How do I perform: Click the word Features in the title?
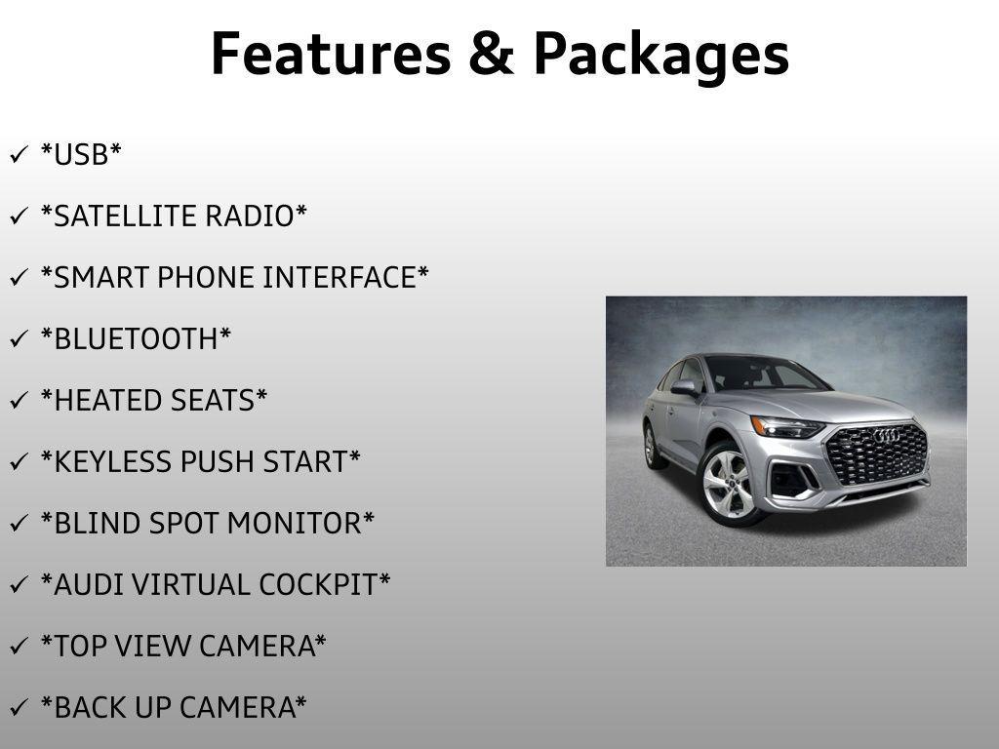(330, 54)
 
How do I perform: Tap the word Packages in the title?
(660, 56)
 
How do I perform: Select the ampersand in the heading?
(491, 54)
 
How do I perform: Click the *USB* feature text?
(81, 154)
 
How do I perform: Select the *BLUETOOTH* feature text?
(136, 338)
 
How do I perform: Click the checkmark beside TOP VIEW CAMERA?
(19, 646)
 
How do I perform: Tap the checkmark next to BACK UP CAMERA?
(19, 707)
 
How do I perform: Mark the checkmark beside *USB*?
(19, 154)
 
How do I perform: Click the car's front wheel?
(728, 484)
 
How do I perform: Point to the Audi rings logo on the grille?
(885, 436)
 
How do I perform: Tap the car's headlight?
(785, 426)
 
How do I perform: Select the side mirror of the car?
(685, 387)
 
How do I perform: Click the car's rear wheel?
(651, 445)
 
